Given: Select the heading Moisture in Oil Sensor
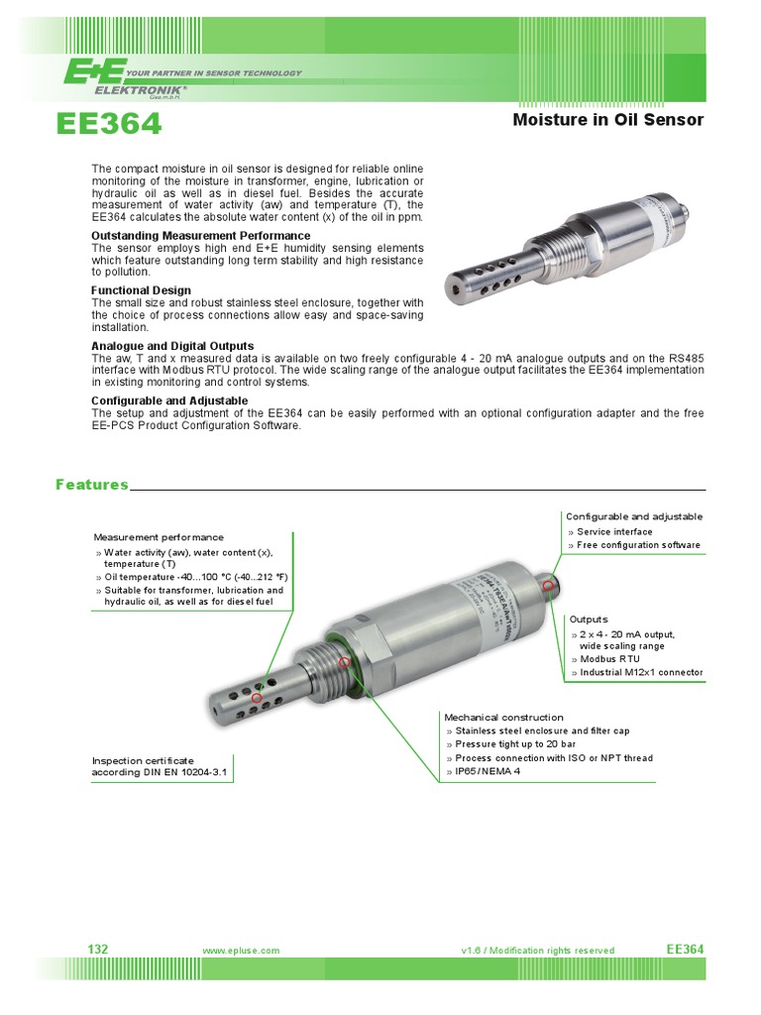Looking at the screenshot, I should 607,120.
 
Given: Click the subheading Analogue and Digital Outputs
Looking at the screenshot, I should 172,346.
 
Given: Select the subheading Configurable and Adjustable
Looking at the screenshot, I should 169,400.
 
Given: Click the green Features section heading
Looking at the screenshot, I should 92,485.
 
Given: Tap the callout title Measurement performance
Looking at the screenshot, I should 159,537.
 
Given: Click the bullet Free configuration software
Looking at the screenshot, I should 638,545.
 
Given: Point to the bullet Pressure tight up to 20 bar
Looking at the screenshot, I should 515,744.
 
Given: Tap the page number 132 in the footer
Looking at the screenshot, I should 98,950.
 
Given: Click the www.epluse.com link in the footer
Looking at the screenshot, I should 241,951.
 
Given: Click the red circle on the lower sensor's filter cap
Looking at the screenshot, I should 257,698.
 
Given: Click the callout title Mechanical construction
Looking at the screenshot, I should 503,717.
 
